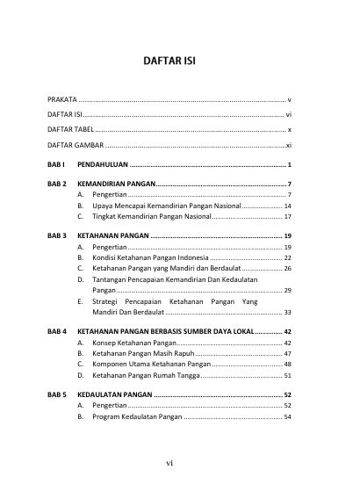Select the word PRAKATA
[61, 99]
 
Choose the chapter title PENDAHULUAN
[103, 164]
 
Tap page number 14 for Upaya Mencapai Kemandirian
[287, 205]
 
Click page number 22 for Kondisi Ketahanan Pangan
[287, 258]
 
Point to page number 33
[287, 311]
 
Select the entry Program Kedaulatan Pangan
[137, 417]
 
